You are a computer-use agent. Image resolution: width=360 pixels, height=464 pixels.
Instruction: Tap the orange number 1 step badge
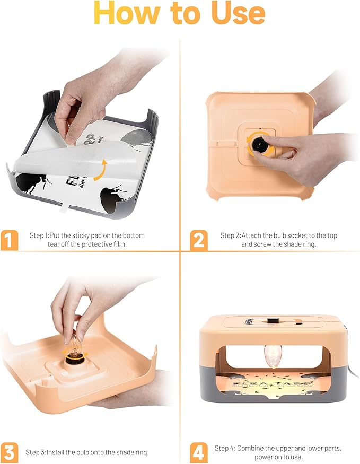(x=9, y=240)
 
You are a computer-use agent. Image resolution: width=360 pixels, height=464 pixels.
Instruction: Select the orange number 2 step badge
(x=198, y=240)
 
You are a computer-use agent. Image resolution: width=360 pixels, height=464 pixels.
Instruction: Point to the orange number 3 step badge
(x=9, y=452)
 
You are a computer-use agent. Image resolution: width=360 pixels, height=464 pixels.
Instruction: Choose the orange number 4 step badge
(x=198, y=452)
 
